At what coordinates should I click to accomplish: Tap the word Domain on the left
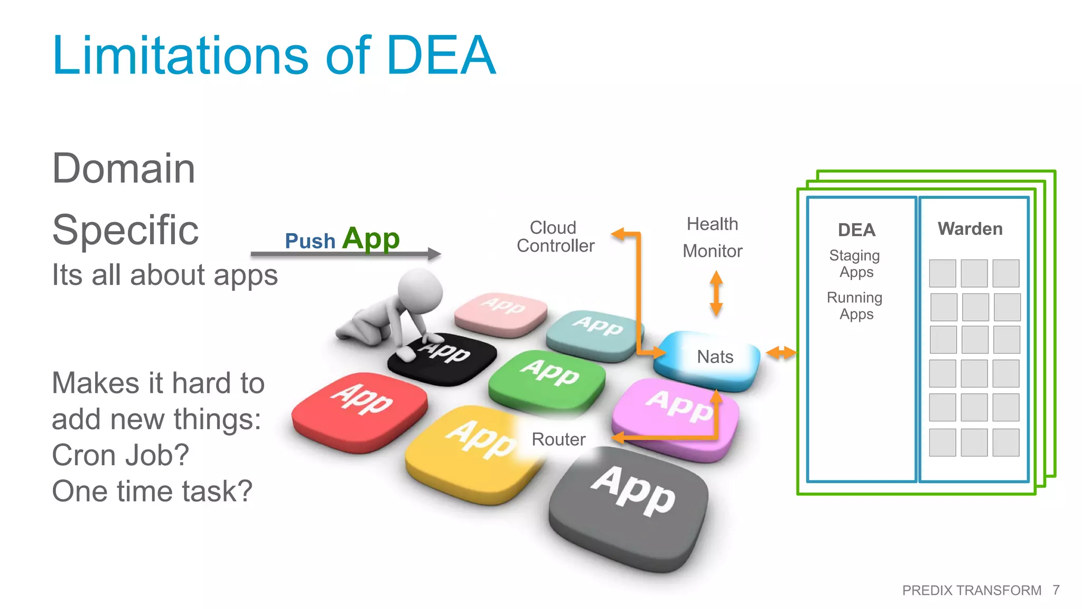point(124,169)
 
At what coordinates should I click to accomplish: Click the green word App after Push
point(371,239)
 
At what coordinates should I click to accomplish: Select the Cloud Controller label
point(555,236)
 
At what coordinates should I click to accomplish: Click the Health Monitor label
point(712,237)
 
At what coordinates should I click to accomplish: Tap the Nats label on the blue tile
point(715,357)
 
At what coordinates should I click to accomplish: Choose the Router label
point(558,439)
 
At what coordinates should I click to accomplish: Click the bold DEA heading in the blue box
point(856,230)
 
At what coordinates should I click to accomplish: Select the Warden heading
point(970,229)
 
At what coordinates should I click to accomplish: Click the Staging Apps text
point(855,263)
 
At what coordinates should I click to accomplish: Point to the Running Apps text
point(855,306)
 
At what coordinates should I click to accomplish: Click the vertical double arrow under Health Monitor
point(716,293)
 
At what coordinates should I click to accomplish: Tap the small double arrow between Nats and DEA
point(781,353)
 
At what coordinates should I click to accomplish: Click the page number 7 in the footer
point(1056,590)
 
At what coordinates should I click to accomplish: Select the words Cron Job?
point(120,455)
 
